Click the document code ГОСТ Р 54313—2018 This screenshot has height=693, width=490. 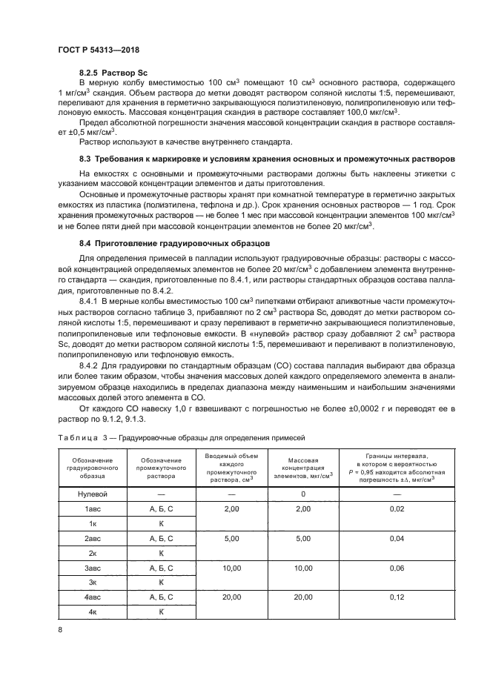pos(99,50)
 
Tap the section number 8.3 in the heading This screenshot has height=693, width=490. pos(85,159)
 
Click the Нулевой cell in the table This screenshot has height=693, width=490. pos(93,493)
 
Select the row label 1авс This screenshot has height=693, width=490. pos(93,508)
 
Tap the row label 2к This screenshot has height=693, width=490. pos(93,553)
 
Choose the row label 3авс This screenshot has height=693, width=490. pos(93,568)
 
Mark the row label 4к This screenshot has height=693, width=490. pos(93,612)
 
